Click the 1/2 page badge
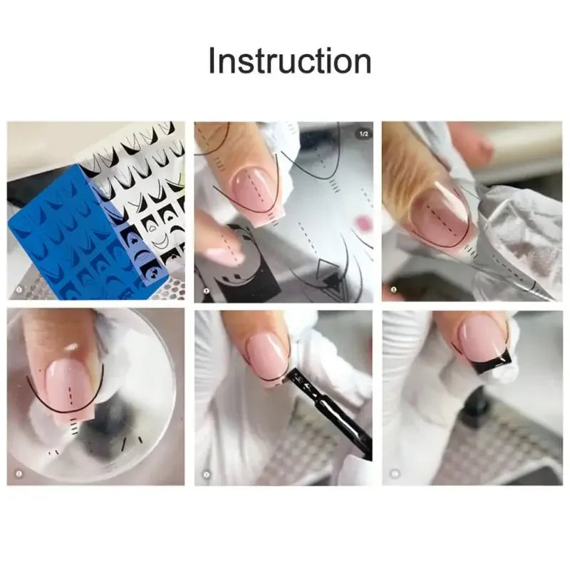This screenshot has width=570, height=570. pyautogui.click(x=363, y=133)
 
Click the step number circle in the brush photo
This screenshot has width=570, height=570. pyautogui.click(x=207, y=472)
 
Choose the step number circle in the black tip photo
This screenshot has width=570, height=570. pyautogui.click(x=394, y=472)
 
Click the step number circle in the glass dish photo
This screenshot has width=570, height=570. pyautogui.click(x=19, y=472)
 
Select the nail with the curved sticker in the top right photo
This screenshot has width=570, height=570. pyautogui.click(x=438, y=214)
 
